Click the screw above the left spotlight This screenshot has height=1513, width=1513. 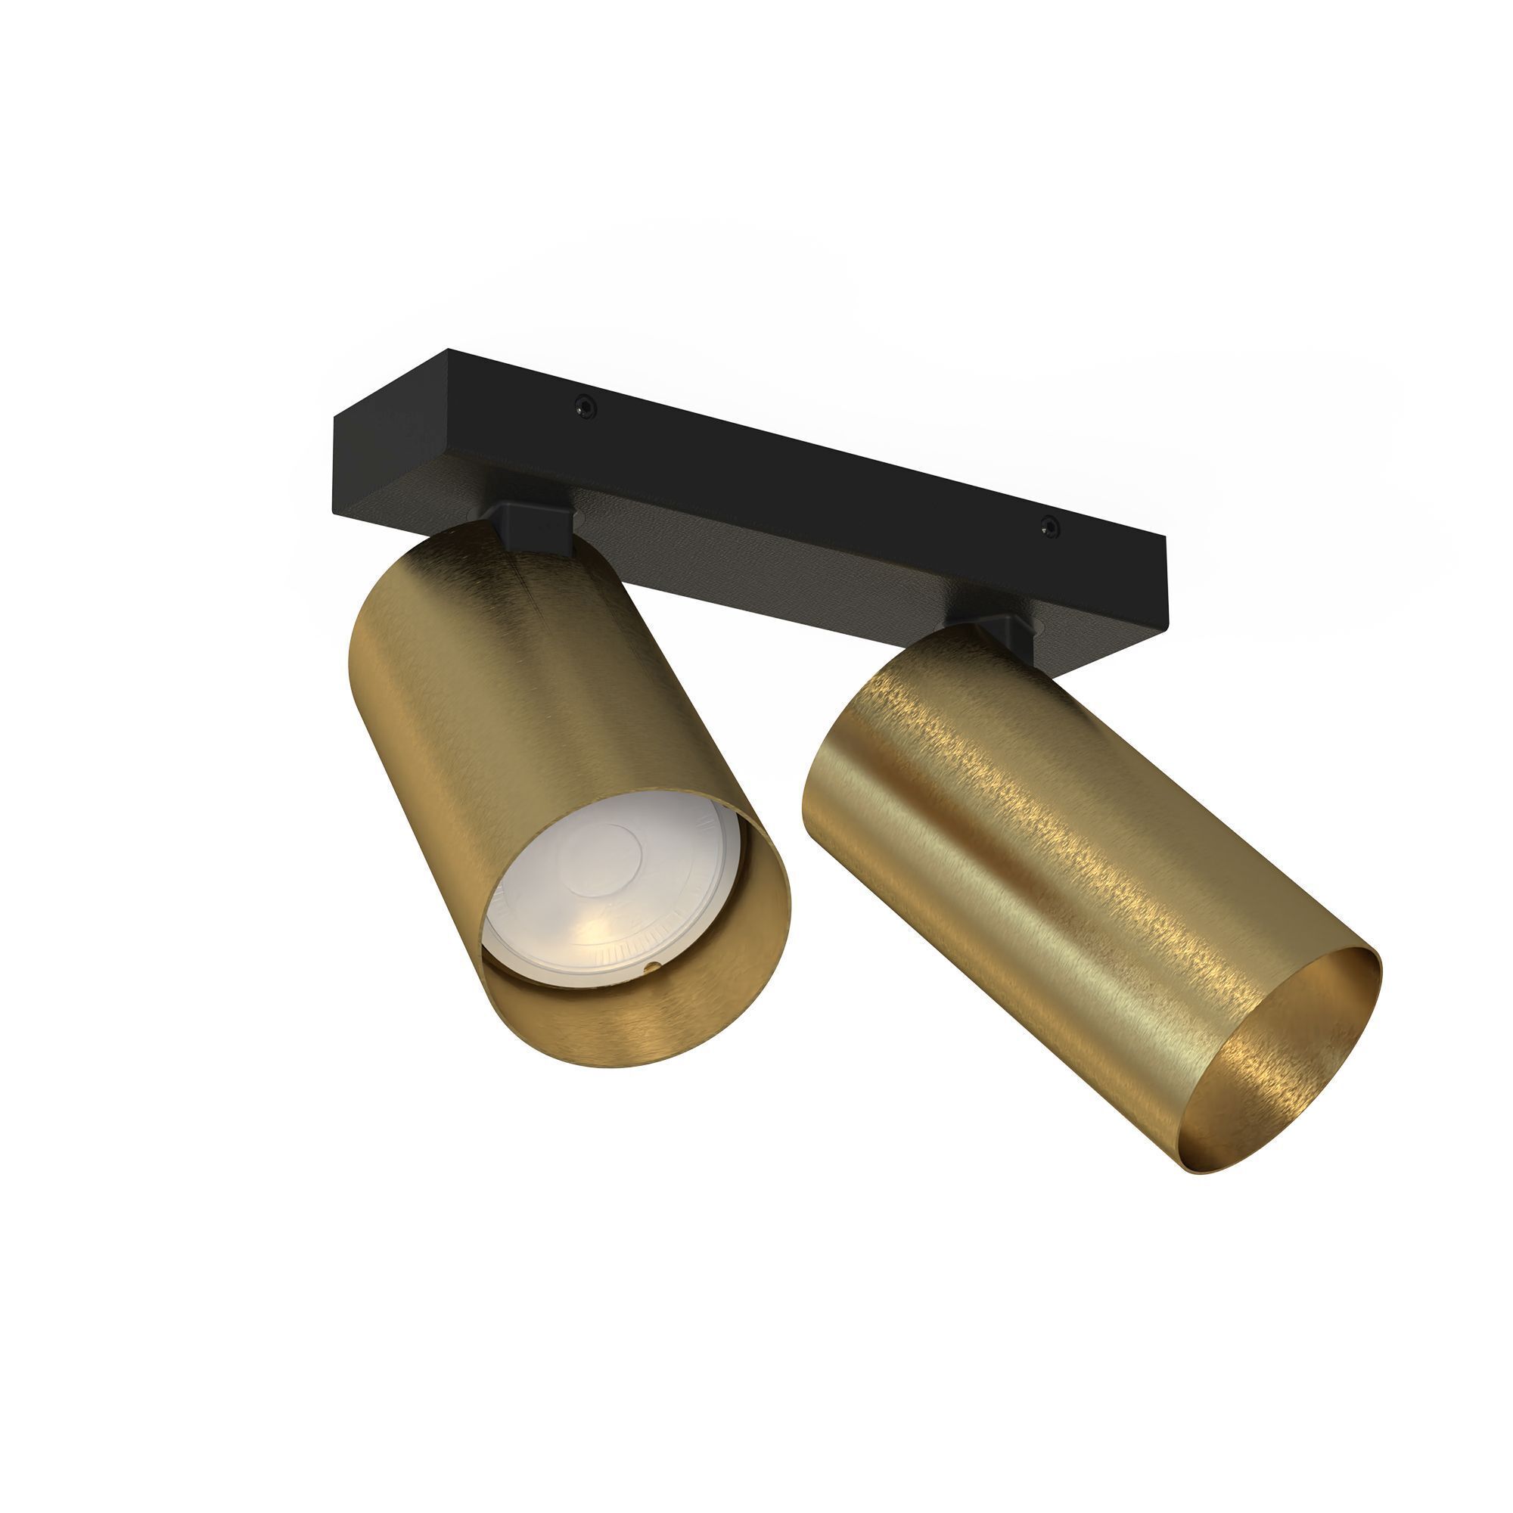point(583,405)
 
